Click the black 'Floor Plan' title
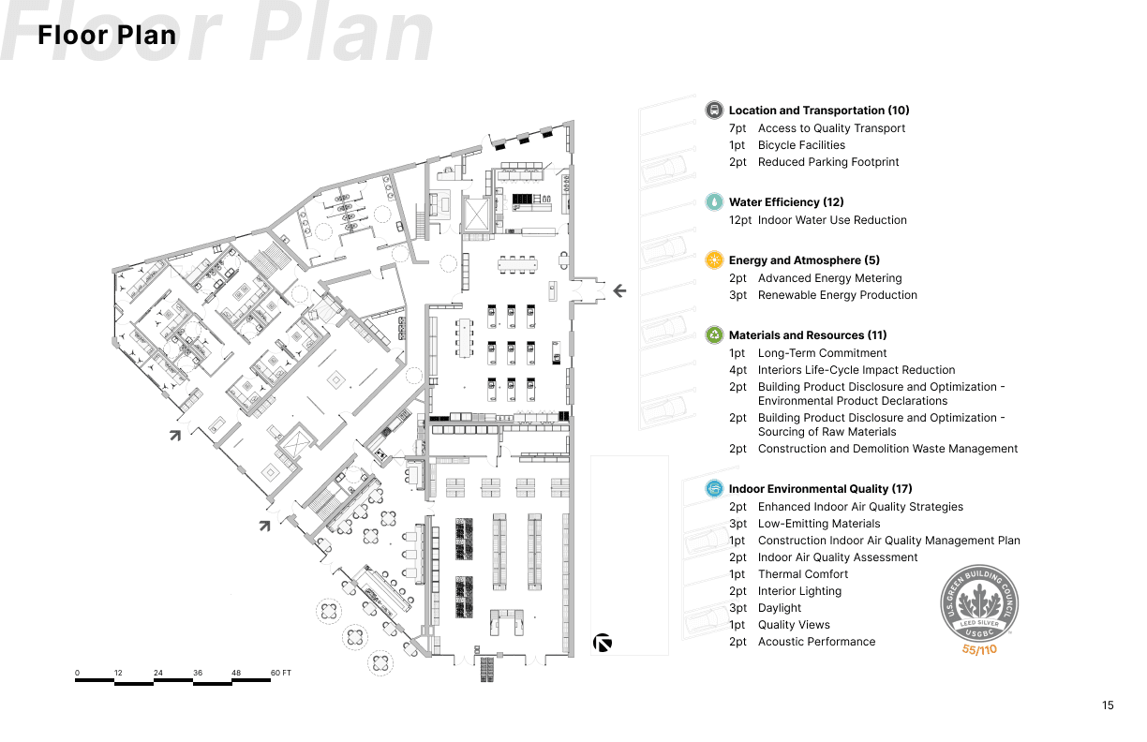click(107, 36)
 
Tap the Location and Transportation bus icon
click(714, 110)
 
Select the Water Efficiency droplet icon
click(714, 201)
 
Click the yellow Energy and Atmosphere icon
click(714, 260)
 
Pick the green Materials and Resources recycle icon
click(714, 334)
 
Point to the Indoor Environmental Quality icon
click(714, 488)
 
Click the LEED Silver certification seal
click(979, 603)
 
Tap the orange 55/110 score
click(979, 649)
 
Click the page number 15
click(1109, 705)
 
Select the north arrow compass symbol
click(603, 643)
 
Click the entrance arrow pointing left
click(618, 290)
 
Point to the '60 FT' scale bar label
click(281, 673)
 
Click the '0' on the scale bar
click(78, 673)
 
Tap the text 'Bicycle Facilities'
click(801, 145)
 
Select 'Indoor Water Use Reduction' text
click(832, 220)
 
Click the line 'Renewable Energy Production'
click(837, 295)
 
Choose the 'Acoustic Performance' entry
click(816, 642)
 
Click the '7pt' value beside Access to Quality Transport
click(737, 128)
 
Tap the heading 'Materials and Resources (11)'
click(808, 334)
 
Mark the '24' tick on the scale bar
click(158, 673)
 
